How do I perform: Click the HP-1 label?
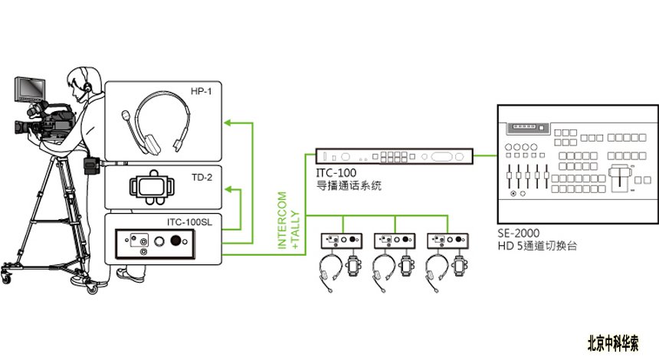click(202, 91)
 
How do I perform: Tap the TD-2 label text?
click(202, 177)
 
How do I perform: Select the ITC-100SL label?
click(189, 222)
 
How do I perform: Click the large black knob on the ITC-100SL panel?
click(175, 241)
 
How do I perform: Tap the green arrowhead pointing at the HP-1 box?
click(228, 123)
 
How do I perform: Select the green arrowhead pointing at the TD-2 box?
click(228, 189)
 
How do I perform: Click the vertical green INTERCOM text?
click(282, 221)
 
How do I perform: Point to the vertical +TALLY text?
click(296, 230)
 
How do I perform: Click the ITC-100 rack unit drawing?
click(394, 156)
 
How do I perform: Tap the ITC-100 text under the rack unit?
click(336, 172)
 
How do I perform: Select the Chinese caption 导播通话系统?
click(349, 185)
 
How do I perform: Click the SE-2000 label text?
click(519, 233)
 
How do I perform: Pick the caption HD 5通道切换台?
click(537, 246)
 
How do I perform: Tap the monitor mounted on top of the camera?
click(30, 90)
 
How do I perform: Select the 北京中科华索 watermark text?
click(613, 343)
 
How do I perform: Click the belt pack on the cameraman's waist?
click(92, 165)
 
